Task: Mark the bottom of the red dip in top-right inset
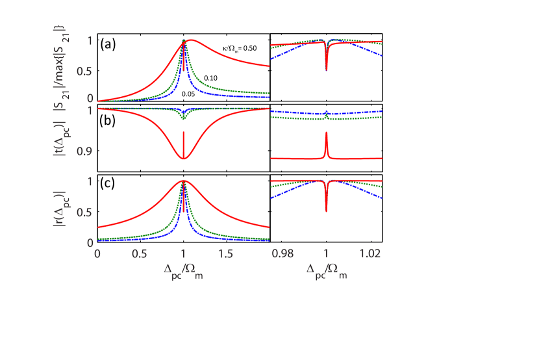(326, 70)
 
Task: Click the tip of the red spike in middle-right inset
(326, 133)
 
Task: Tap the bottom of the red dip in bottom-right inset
(326, 211)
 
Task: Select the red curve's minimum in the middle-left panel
(184, 159)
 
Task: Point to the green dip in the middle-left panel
(184, 119)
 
